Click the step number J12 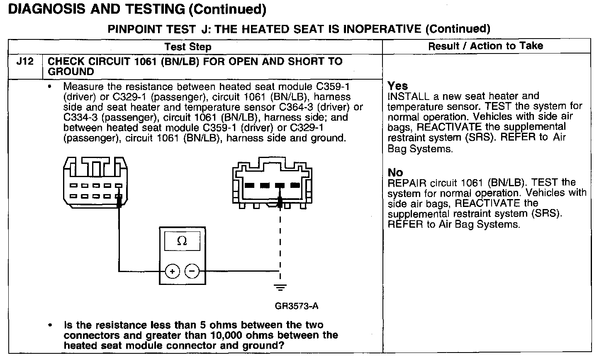pyautogui.click(x=25, y=62)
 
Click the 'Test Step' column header pyautogui.click(x=188, y=47)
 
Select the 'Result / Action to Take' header pyautogui.click(x=485, y=46)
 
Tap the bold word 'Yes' pyautogui.click(x=397, y=86)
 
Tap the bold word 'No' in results pyautogui.click(x=395, y=172)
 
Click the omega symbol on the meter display pyautogui.click(x=182, y=241)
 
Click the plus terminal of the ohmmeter pyautogui.click(x=172, y=272)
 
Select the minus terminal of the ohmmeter pyautogui.click(x=192, y=272)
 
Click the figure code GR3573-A pyautogui.click(x=296, y=306)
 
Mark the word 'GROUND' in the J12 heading pyautogui.click(x=71, y=71)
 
